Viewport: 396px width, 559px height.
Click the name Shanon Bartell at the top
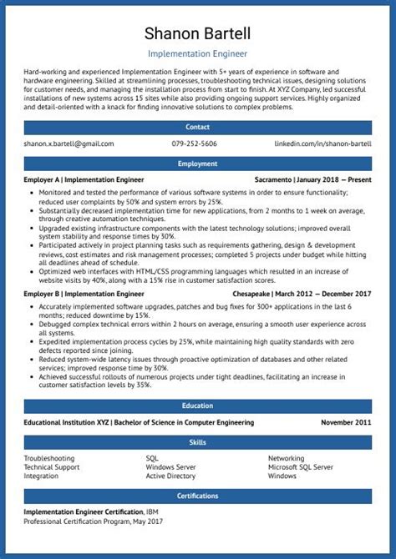[x=197, y=34]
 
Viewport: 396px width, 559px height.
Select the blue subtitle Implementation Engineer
[x=197, y=53]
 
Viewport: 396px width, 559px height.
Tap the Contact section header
[x=197, y=128]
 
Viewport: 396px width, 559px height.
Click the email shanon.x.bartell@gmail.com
[x=69, y=144]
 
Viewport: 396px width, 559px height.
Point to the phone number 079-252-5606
[x=194, y=144]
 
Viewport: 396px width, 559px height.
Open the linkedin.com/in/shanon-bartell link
[x=322, y=144]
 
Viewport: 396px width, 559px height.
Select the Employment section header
[x=197, y=164]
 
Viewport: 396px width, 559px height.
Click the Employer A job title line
[x=84, y=179]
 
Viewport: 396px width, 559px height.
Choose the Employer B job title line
[x=84, y=294]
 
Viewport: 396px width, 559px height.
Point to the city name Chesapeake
[x=279, y=294]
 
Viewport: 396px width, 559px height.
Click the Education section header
[x=197, y=405]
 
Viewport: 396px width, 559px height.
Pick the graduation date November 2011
[x=346, y=422]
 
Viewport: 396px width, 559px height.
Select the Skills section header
[x=197, y=441]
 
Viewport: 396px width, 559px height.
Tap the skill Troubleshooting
[x=49, y=458]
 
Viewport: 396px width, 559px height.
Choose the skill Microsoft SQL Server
[x=300, y=467]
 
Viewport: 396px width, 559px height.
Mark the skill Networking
[x=286, y=458]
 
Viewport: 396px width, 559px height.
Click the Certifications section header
[x=197, y=496]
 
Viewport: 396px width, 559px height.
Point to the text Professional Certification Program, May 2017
[x=93, y=521]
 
